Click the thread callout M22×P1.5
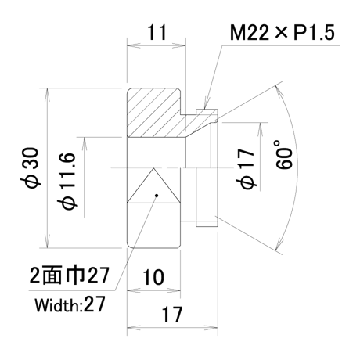coord(282,33)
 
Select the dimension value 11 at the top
coord(157,32)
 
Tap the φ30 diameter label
coord(31,167)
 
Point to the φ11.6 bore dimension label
coord(68,181)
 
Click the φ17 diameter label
coord(246,169)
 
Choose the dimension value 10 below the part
coord(153,277)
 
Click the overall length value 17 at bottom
coord(172,314)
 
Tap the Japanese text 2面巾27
coord(69,275)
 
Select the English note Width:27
coord(70,304)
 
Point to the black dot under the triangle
coord(157,196)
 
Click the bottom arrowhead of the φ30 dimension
coord(47,241)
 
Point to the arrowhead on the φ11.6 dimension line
coord(84,144)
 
